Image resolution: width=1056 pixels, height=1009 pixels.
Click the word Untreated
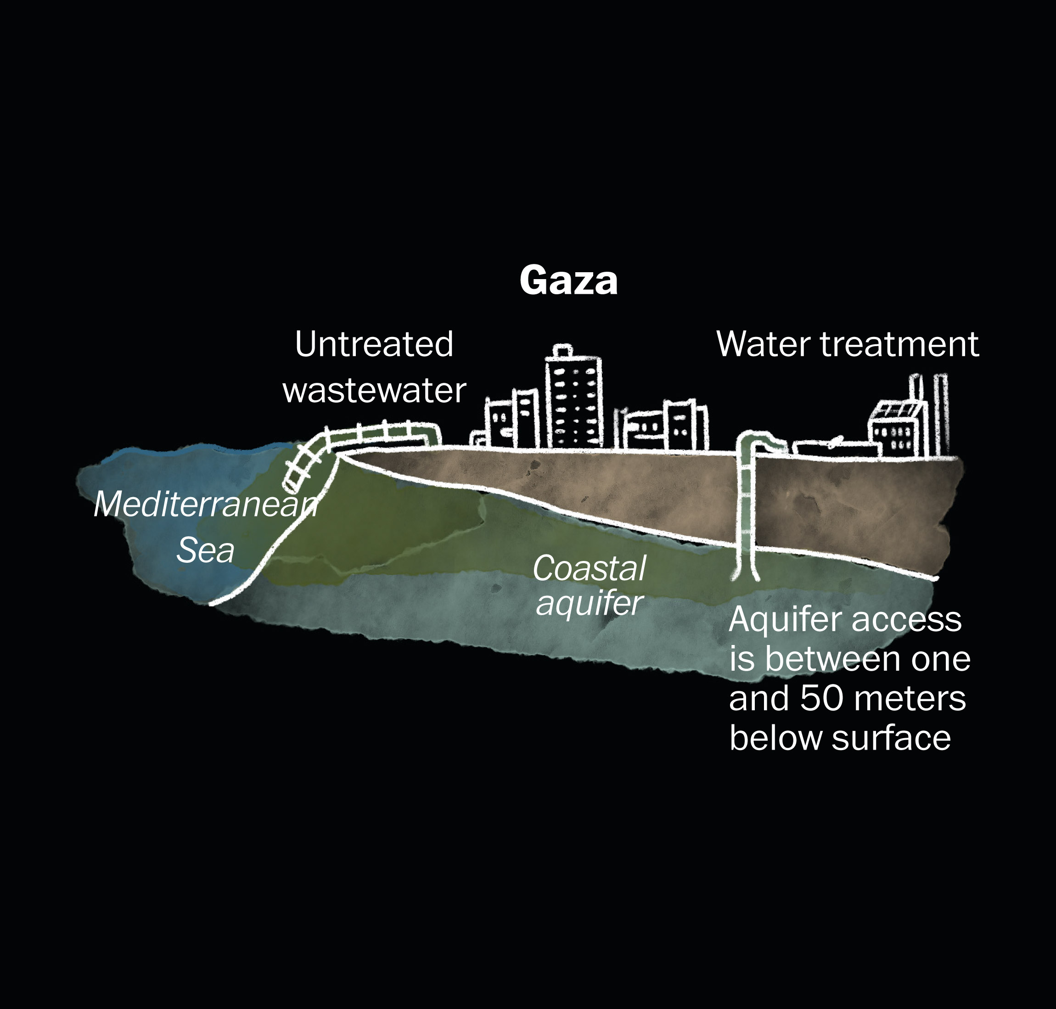click(374, 344)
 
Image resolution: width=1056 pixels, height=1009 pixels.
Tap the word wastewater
click(374, 391)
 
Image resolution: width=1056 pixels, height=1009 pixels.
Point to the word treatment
click(899, 345)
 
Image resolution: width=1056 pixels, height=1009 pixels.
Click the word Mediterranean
click(206, 505)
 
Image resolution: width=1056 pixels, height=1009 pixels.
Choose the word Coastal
click(589, 568)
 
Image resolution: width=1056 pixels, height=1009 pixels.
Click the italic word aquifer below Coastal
click(589, 604)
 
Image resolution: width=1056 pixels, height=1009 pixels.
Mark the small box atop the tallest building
click(562, 350)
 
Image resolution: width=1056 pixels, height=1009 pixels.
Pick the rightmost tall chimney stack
click(941, 415)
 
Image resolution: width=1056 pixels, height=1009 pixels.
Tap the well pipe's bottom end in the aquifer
click(745, 577)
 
